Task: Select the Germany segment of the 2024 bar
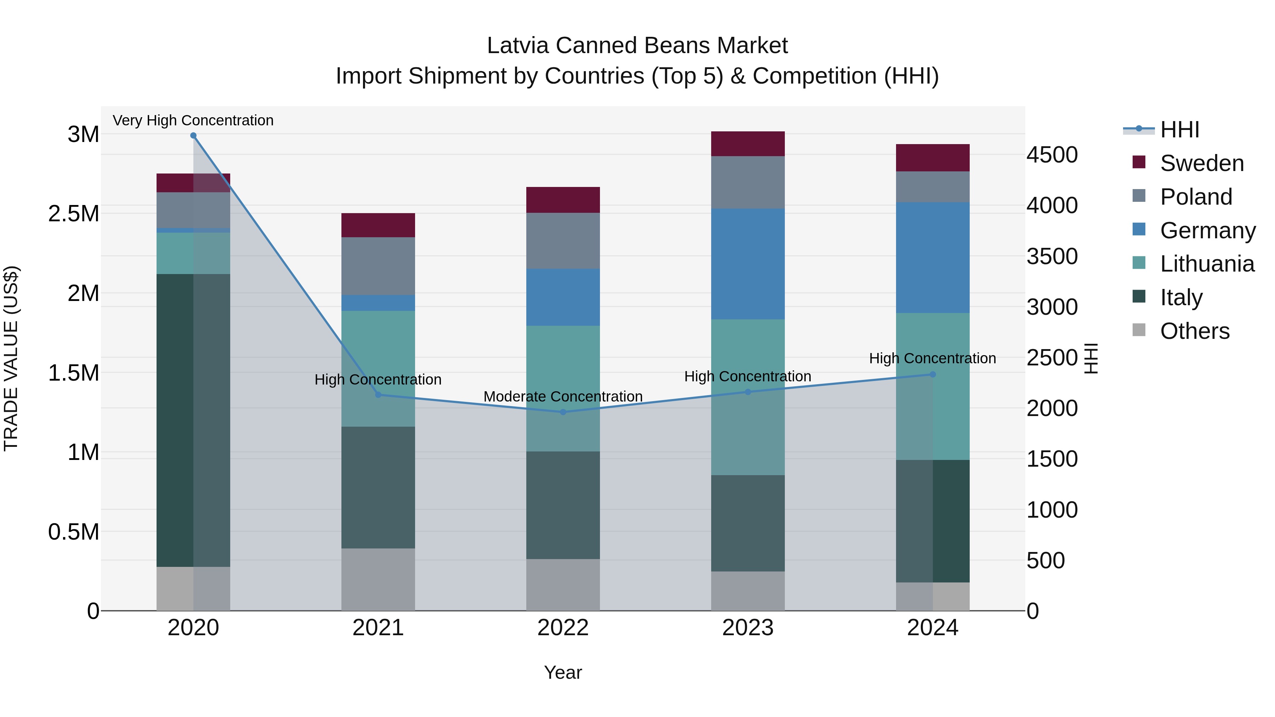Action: click(933, 257)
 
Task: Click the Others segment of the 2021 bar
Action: click(378, 579)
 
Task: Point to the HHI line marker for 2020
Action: click(193, 136)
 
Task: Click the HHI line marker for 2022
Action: click(563, 412)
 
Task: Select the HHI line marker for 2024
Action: click(933, 375)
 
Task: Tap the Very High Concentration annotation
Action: click(193, 120)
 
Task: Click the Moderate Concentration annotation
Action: click(563, 396)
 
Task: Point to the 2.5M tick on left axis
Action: click(73, 214)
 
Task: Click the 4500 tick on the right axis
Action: click(1052, 155)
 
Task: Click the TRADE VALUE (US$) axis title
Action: click(11, 358)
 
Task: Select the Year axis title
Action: click(563, 672)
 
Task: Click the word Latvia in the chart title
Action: click(518, 46)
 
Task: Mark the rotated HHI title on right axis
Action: click(1091, 358)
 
